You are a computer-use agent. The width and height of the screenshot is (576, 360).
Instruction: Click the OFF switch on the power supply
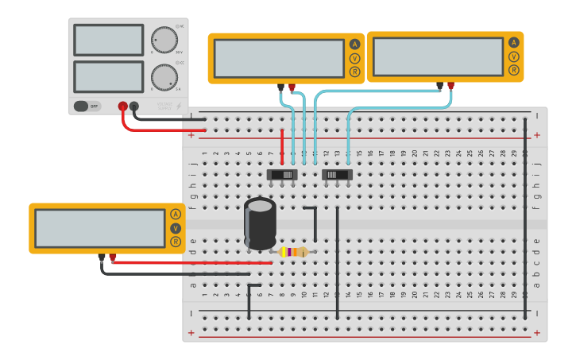coord(87,106)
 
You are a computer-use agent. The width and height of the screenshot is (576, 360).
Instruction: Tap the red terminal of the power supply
coord(122,106)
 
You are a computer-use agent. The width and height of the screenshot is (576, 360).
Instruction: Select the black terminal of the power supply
coord(134,106)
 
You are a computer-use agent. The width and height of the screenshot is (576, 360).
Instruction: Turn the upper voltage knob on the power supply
coord(164,40)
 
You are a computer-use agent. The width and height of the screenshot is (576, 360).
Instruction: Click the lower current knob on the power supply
coord(164,77)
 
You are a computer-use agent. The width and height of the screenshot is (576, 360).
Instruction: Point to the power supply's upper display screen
coord(108,40)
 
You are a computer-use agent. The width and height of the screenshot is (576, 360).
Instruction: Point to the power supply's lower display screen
coord(108,76)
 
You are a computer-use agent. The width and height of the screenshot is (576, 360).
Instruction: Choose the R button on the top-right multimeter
coord(514,70)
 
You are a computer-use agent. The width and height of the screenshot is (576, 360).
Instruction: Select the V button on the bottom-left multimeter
coord(176,228)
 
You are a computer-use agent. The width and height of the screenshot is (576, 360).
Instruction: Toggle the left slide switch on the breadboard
coord(282,174)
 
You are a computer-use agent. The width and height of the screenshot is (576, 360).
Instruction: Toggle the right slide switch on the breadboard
coord(337,174)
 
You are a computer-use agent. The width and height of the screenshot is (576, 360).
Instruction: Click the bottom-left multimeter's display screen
coord(100,228)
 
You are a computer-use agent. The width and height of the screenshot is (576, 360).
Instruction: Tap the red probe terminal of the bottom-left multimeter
coord(113,257)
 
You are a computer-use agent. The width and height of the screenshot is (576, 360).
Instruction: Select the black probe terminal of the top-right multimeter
coord(439,85)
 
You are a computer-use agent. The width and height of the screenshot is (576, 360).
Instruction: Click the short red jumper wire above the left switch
coord(282,147)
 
